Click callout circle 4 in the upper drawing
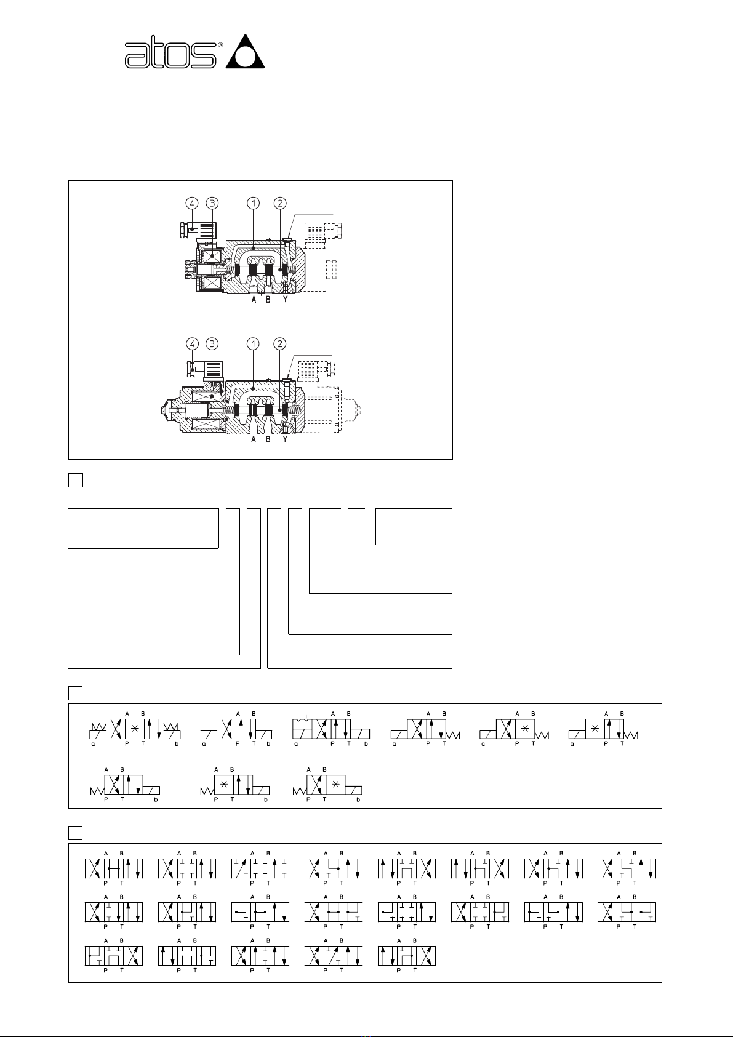(192, 202)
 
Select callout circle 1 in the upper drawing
(254, 202)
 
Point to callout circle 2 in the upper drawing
(280, 202)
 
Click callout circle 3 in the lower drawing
(212, 343)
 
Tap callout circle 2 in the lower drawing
(280, 343)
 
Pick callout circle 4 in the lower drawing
(192, 343)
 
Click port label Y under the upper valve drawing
(285, 300)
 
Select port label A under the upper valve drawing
(254, 300)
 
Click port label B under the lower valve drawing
(268, 439)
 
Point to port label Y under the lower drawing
(285, 439)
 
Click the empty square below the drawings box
(75, 480)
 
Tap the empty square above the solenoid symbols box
(75, 693)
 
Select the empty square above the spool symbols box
(75, 833)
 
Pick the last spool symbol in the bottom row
(407, 956)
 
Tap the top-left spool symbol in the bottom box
(114, 868)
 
